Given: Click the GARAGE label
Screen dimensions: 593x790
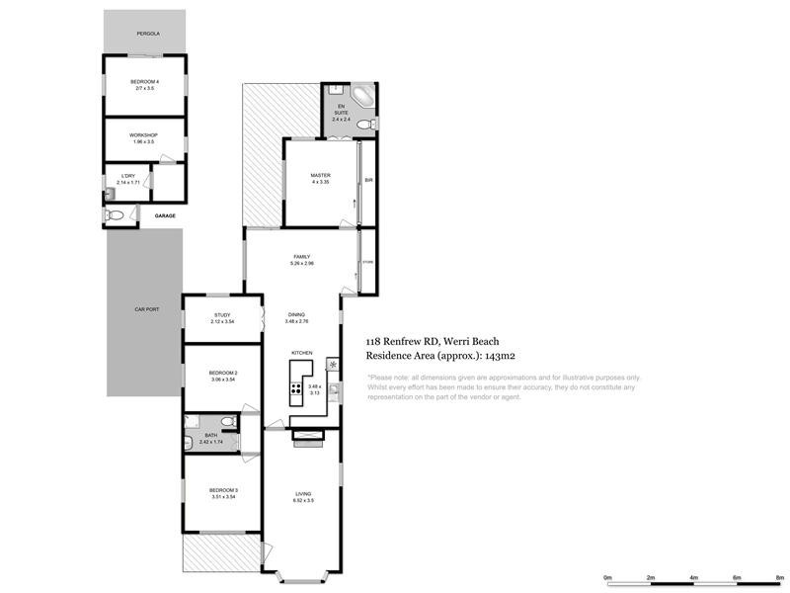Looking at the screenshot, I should (x=164, y=214).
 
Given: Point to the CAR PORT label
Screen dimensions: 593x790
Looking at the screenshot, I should (x=145, y=309).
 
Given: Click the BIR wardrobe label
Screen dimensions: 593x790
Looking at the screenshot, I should (x=368, y=181).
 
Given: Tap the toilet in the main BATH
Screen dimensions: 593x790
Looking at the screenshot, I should (x=228, y=422).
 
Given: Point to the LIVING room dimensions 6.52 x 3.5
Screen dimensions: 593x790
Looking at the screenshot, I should (x=302, y=501).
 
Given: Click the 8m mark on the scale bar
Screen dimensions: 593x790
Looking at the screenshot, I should (x=779, y=577).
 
